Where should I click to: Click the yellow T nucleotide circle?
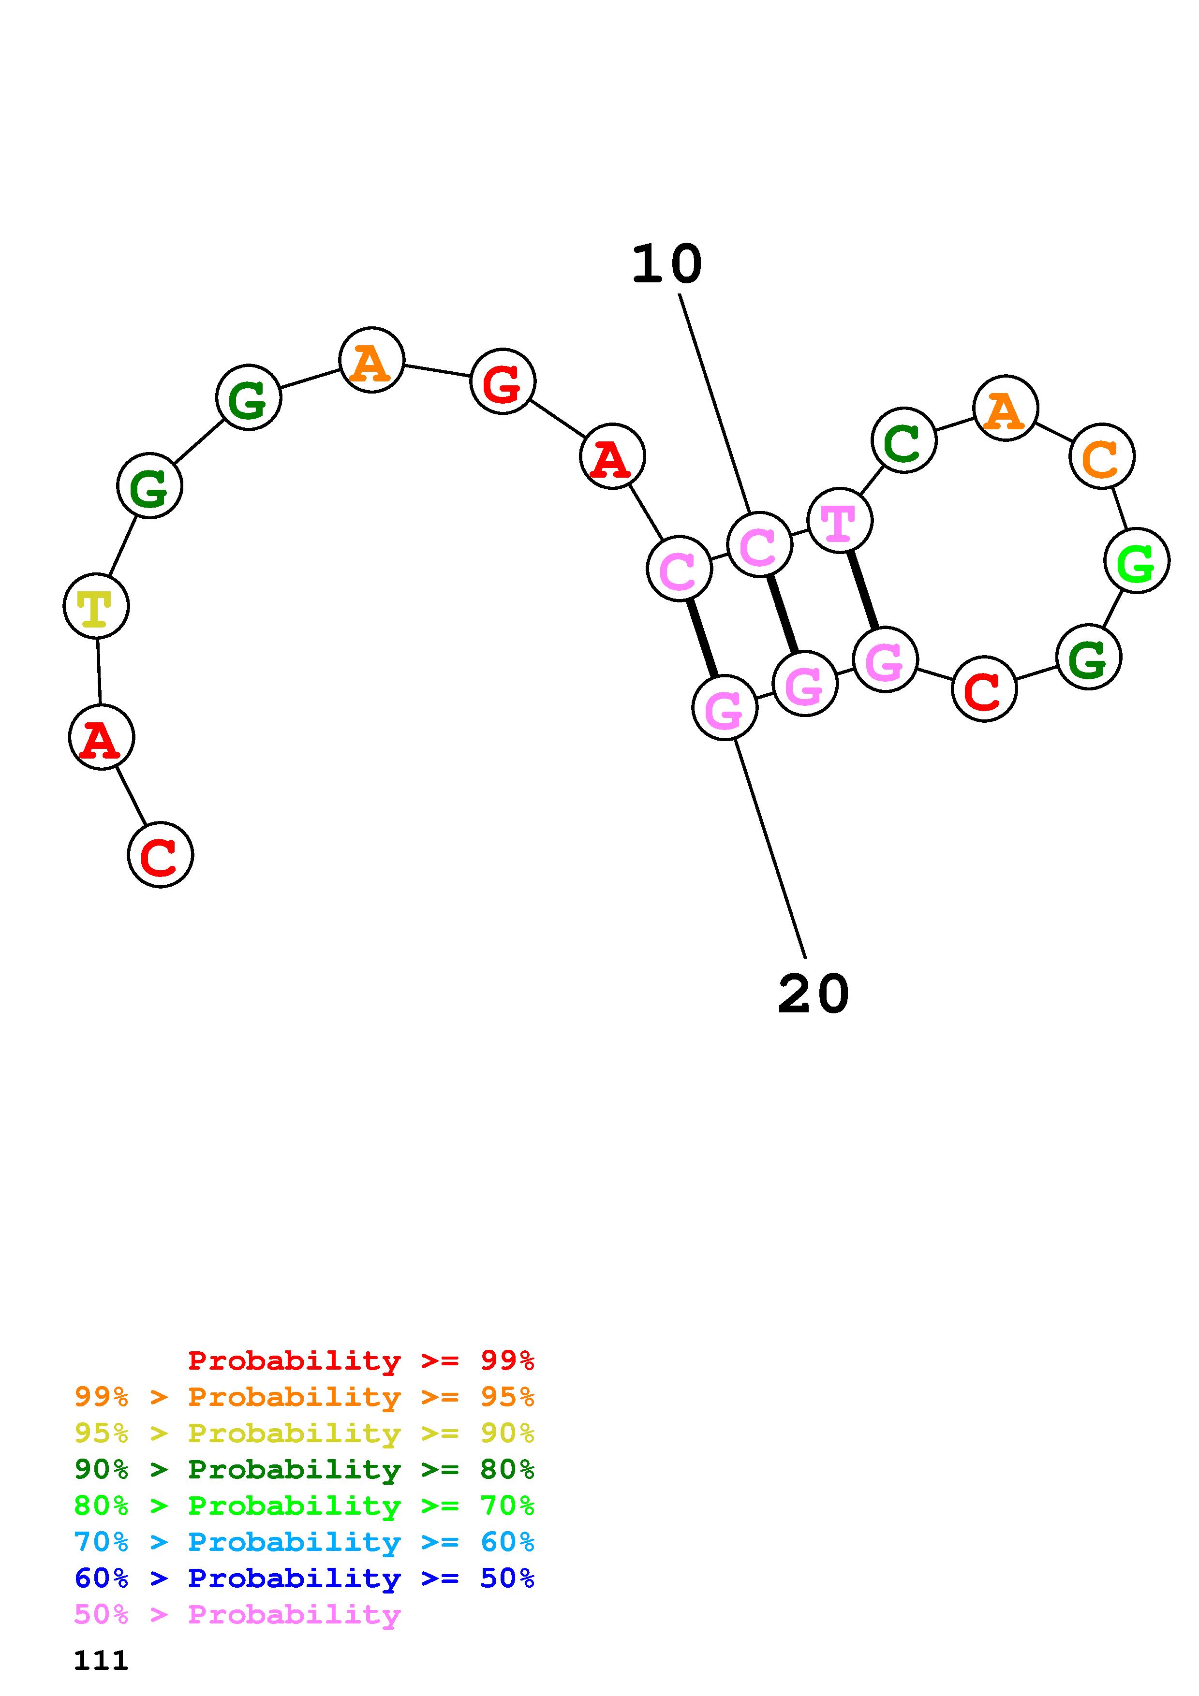[x=96, y=606]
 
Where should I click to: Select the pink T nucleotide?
[x=839, y=520]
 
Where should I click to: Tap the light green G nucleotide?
[x=1136, y=561]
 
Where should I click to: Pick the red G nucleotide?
[x=503, y=382]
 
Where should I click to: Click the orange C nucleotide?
[x=1101, y=456]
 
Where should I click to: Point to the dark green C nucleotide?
[x=903, y=440]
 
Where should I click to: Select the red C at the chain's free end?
[x=160, y=855]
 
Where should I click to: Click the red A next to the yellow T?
[x=101, y=737]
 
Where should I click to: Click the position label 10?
[x=666, y=264]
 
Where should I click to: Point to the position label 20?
[x=814, y=994]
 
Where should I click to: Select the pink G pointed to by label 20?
[x=725, y=708]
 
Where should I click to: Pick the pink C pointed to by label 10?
[x=759, y=545]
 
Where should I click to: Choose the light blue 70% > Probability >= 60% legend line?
[x=304, y=1542]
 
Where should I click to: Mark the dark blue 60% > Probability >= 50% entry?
[x=304, y=1579]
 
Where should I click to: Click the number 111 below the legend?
[x=101, y=1661]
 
